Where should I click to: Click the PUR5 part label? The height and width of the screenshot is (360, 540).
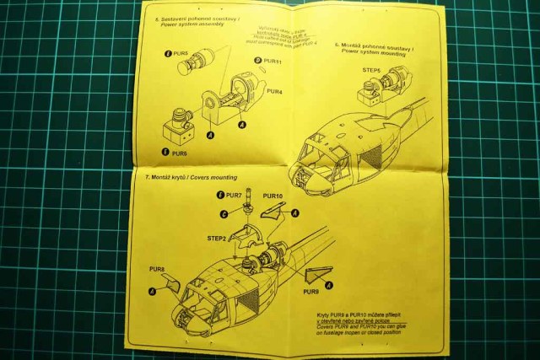pos(177,52)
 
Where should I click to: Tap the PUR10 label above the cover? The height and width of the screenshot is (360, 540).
pos(272,196)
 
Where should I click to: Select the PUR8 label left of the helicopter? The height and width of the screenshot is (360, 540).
pos(156,271)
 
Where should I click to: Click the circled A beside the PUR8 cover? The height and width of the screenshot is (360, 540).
pos(152,291)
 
